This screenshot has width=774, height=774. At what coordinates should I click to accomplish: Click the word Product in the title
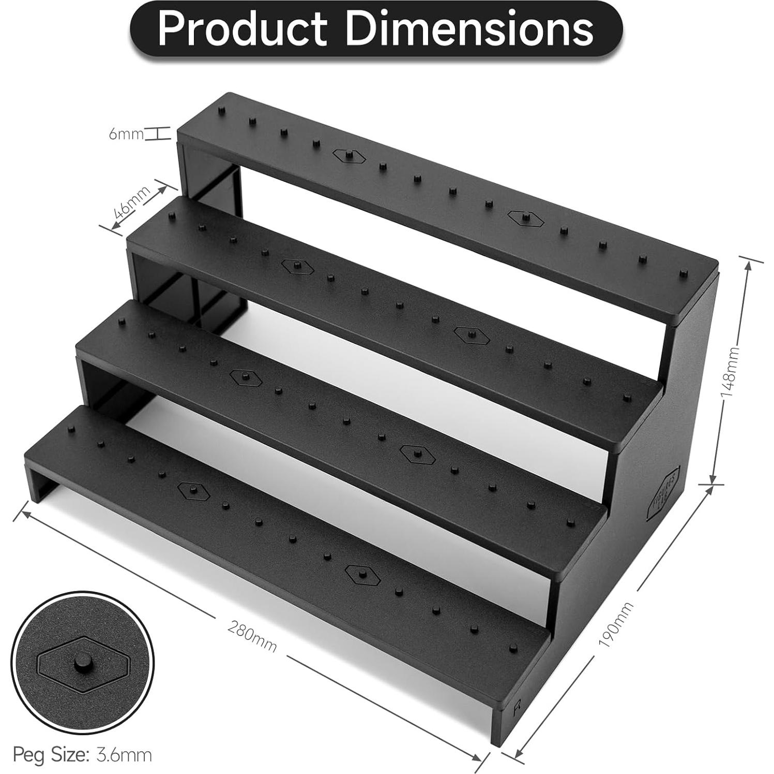click(242, 28)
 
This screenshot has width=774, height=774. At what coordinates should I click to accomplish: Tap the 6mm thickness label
click(126, 134)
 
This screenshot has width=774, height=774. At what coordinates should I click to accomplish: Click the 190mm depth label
click(615, 625)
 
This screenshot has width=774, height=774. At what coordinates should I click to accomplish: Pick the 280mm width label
click(252, 635)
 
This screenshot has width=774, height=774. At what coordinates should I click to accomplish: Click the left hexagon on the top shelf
click(350, 156)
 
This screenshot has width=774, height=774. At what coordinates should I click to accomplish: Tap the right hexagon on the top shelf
click(526, 218)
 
